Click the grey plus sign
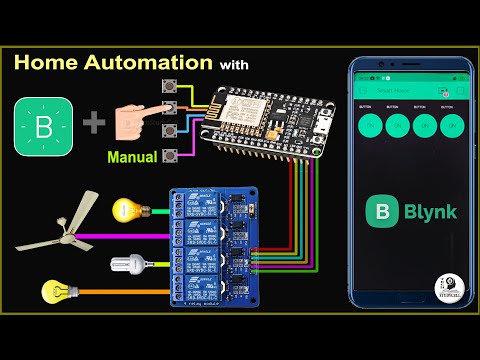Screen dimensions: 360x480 pyautogui.click(x=93, y=125)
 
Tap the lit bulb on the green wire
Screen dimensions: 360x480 pyautogui.click(x=127, y=209)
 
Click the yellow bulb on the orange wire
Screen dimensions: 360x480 pyautogui.click(x=54, y=293)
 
